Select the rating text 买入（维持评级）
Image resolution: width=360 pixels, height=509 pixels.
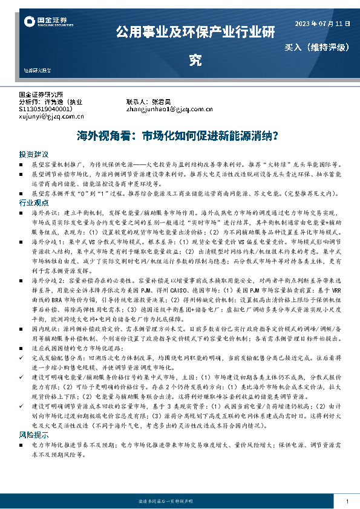[x=318, y=47]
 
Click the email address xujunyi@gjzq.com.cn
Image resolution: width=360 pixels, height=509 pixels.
[x=53, y=116]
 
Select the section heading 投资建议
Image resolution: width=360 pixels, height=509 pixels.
[x=33, y=154]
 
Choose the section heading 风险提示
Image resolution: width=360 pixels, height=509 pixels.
[x=33, y=435]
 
